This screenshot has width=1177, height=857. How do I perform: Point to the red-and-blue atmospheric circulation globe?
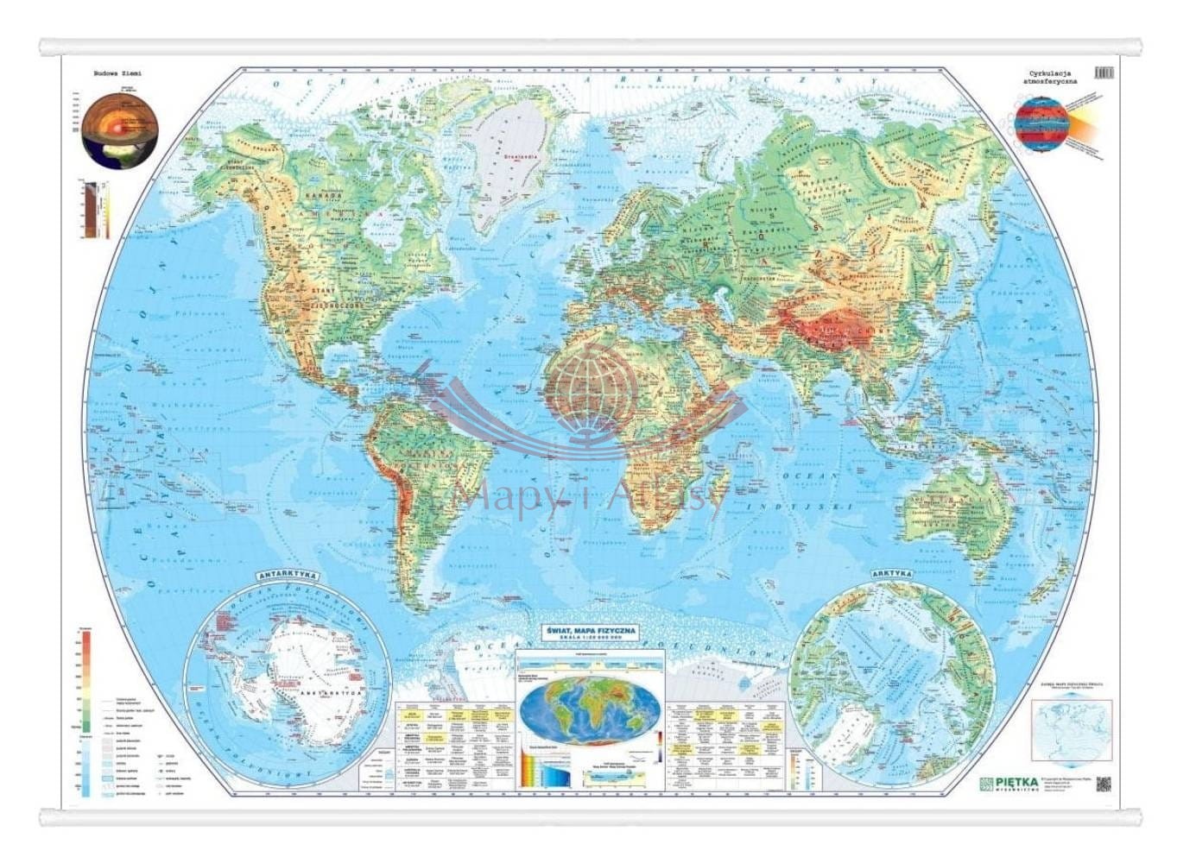click(1041, 125)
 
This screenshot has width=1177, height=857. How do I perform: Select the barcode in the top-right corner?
click(1103, 73)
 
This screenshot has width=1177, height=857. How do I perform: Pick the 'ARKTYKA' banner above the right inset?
click(891, 574)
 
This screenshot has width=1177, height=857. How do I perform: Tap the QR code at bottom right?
click(1103, 784)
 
